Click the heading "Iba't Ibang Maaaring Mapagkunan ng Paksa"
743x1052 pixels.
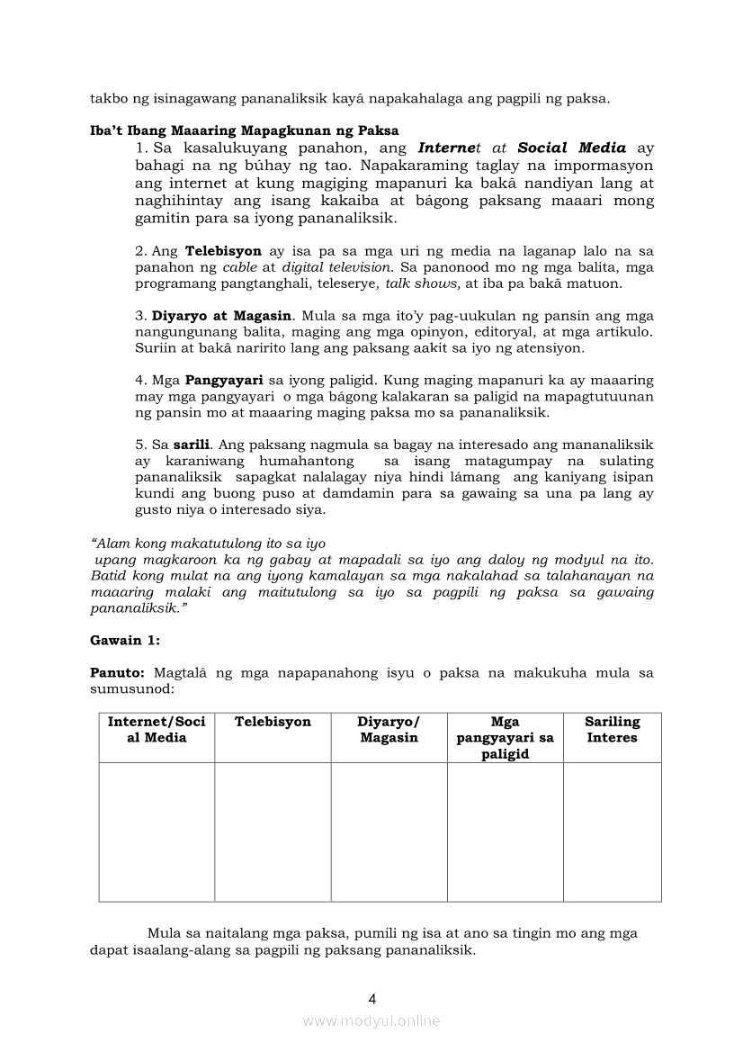pos(244,131)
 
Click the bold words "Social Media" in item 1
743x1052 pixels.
pos(572,148)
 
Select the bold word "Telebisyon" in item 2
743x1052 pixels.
pos(223,251)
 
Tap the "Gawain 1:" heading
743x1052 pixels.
pos(125,641)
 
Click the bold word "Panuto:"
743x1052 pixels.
pos(118,673)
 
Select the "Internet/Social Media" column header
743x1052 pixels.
pos(157,730)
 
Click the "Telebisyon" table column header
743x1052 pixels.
pos(273,722)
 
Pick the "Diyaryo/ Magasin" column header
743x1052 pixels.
pos(389,730)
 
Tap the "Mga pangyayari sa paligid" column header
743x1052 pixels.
pos(505,738)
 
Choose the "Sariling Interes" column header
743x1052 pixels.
pos(612,730)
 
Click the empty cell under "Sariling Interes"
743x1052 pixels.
pos(612,832)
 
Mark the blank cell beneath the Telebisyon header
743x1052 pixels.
pos(273,832)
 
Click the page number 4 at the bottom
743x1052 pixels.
pos(371,998)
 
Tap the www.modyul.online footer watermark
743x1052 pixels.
pos(371,1021)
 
